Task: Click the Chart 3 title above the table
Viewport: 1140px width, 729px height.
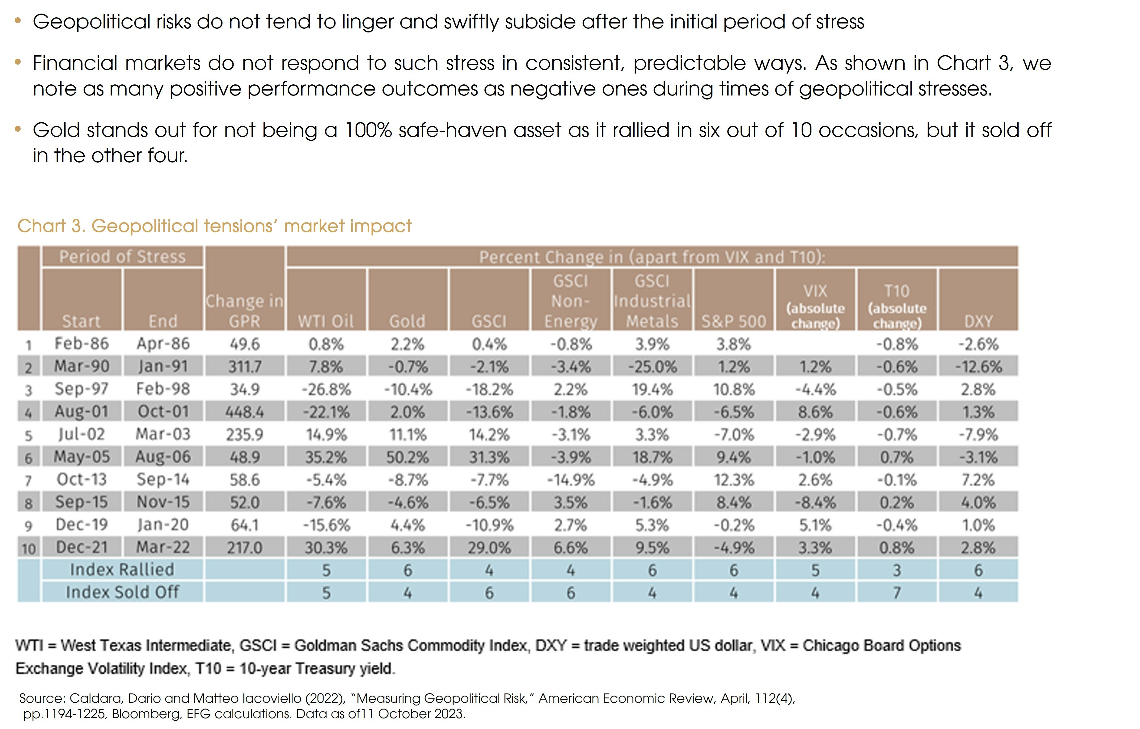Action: coord(214,227)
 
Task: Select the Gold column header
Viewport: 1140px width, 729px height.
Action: coord(407,321)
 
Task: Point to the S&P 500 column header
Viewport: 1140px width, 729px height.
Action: coord(733,321)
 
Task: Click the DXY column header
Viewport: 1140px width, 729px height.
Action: coord(978,321)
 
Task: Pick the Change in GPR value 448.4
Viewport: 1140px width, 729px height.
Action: coord(244,412)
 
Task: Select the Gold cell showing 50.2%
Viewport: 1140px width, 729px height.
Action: coord(407,457)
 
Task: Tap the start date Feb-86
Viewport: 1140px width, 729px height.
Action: coord(82,343)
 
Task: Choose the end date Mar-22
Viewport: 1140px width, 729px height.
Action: coord(163,548)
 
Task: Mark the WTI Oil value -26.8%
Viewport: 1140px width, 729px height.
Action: coord(326,389)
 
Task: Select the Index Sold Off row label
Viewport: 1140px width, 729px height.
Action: coord(122,592)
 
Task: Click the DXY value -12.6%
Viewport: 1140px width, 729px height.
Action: coord(978,367)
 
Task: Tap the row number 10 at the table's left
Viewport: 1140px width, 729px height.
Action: coord(28,549)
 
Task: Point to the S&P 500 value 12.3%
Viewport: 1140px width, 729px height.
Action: coord(733,480)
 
